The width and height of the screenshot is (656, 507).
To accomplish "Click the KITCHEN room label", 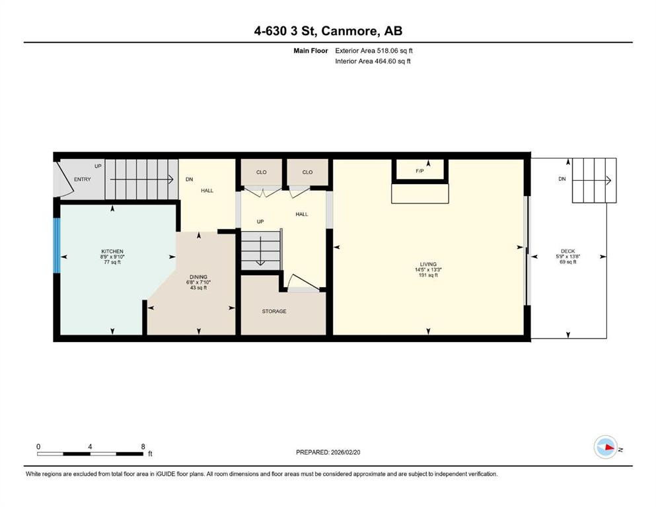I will coord(112,252).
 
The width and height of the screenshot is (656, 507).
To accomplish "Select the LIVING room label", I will coord(428,264).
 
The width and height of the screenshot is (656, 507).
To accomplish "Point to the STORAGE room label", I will coord(274,311).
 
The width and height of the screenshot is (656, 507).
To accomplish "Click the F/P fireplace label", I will coord(419,171).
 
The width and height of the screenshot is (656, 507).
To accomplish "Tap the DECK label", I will coord(568,251).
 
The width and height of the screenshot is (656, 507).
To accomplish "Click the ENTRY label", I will coord(83,179).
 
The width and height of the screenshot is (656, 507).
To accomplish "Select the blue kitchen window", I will coord(57,256).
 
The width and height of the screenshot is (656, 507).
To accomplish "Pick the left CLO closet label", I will coord(262,172).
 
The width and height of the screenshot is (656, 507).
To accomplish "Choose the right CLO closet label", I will coord(307,172).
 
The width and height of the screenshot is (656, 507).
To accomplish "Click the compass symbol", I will coord(605,447).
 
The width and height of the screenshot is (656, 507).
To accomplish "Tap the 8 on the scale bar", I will coord(143,446).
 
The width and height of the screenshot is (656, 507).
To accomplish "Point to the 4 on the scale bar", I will coord(90,446).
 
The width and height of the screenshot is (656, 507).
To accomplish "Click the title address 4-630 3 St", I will coord(328,31).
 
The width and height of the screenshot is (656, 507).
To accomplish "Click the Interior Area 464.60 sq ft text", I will coord(373,61).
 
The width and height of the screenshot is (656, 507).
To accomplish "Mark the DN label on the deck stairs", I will coord(562,179).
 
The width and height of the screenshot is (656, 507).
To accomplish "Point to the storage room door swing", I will coord(301,283).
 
